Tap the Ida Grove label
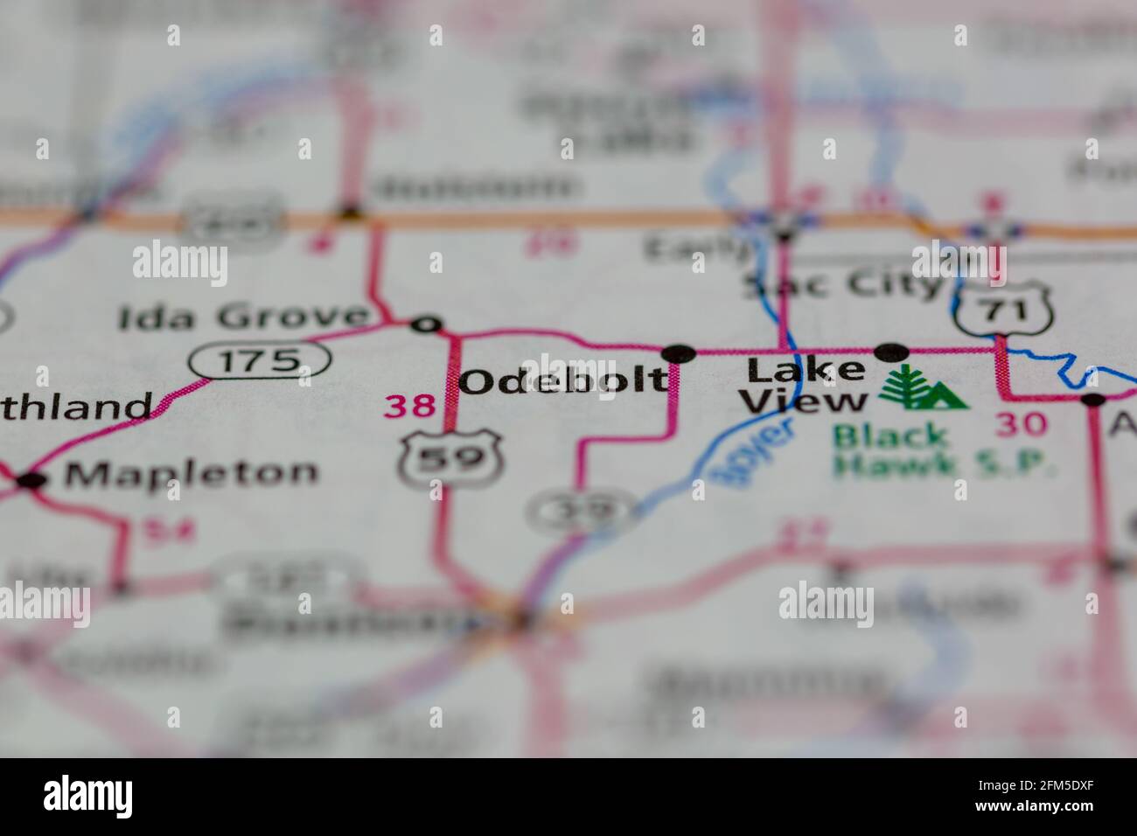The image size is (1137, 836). coord(243,317)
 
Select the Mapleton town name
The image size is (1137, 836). coord(192,473)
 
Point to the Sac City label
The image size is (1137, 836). coord(843,286)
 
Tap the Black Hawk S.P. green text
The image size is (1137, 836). coord(943,450)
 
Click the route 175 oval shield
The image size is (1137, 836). coord(261,359)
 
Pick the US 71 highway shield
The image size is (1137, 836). coord(1001,307)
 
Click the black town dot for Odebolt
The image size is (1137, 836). coord(679,353)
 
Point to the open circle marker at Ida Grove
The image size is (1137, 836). coord(427,324)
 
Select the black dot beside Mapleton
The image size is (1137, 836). coord(31,479)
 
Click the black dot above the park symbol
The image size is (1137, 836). coord(891,352)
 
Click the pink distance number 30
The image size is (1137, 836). coord(1022,424)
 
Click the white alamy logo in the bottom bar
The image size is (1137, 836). coord(88,796)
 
